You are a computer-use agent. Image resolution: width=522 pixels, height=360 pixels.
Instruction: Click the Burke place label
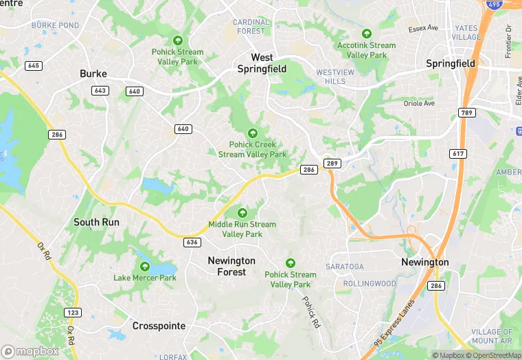click(x=93, y=74)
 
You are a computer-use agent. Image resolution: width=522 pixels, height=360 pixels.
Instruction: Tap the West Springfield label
click(x=261, y=63)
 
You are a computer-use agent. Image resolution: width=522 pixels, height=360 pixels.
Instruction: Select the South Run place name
click(x=96, y=222)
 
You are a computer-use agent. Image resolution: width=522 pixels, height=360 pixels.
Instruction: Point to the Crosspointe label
click(x=159, y=326)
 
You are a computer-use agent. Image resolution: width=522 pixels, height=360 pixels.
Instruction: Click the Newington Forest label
click(x=231, y=267)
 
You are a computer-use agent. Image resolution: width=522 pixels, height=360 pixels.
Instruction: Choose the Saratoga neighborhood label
click(x=345, y=267)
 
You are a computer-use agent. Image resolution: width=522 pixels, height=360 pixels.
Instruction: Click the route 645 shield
click(x=33, y=65)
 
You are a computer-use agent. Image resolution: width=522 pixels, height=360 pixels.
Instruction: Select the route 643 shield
click(x=100, y=91)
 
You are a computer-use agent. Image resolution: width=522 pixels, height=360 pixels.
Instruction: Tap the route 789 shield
click(x=467, y=113)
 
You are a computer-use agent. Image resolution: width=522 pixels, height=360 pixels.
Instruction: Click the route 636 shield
click(x=192, y=242)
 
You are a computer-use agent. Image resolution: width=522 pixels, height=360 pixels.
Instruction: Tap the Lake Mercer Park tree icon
click(x=145, y=265)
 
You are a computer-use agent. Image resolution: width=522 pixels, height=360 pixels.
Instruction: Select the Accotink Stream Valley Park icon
click(x=367, y=33)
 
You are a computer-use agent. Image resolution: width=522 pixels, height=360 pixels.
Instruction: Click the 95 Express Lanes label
click(x=396, y=322)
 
